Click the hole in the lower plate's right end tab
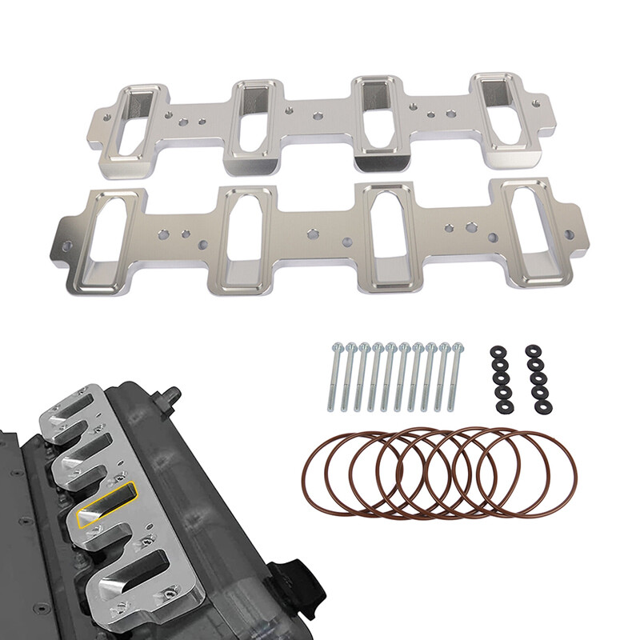tap(570, 234)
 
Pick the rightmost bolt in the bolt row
tap(458, 376)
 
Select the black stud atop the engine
tap(170, 394)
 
